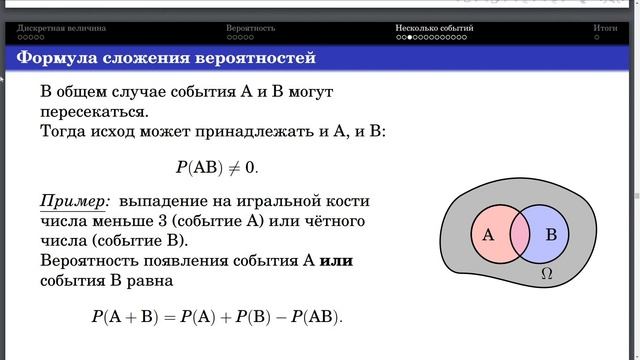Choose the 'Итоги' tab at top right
pos(604,30)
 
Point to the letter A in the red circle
pos(488,236)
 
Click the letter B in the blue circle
pos(550,236)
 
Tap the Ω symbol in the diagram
pos(545,272)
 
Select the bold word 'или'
pos(336,261)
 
